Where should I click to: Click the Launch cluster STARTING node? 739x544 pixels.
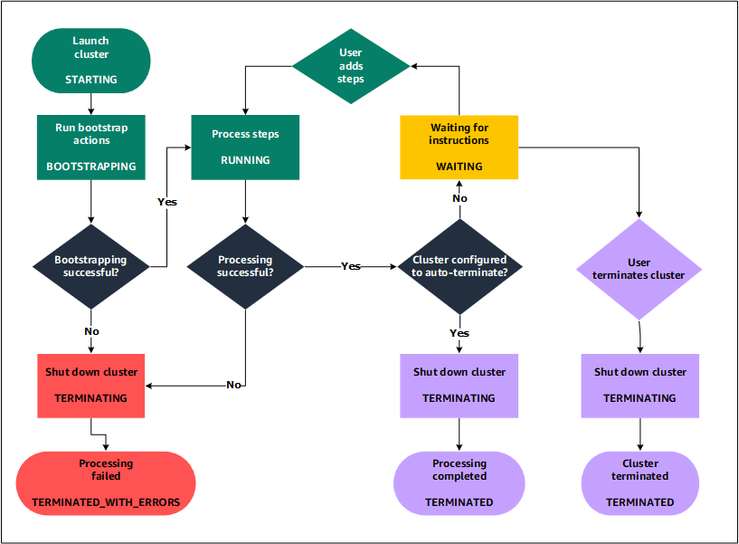pos(90,61)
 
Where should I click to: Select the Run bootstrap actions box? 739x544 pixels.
pos(90,147)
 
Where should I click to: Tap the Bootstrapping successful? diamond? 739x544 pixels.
pos(91,265)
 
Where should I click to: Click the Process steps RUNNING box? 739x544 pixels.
pos(245,147)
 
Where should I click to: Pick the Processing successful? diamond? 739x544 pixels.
pos(245,265)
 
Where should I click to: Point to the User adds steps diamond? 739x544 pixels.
pos(351,66)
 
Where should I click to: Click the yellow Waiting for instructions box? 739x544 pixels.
pos(460,147)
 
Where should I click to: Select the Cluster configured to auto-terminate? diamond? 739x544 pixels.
pos(460,266)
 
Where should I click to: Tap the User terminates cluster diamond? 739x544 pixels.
pos(639,269)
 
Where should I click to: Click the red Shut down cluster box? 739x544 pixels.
pos(91,385)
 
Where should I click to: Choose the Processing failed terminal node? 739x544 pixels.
pos(106,482)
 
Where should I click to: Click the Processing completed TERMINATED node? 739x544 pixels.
pos(460,482)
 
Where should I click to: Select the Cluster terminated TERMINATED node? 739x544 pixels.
pos(640,482)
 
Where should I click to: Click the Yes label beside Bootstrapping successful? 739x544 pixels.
pos(167,202)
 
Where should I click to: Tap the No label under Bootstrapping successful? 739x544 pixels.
pos(91,331)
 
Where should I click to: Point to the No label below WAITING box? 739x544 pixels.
pos(460,198)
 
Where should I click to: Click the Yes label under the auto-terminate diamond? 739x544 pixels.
pos(460,333)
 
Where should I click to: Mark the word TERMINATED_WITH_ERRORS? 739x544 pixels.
pos(106,501)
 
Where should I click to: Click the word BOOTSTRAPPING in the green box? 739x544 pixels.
pos(90,167)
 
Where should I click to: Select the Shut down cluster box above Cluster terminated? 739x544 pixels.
pos(640,385)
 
